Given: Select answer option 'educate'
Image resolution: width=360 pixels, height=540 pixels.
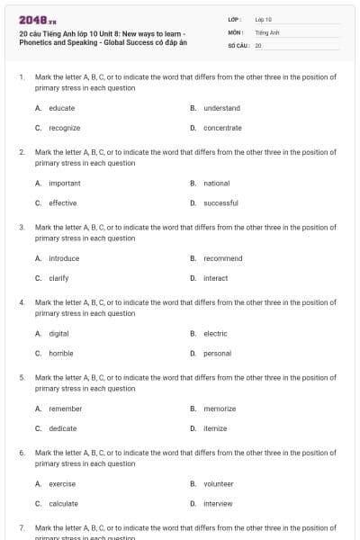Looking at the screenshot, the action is click(62, 108).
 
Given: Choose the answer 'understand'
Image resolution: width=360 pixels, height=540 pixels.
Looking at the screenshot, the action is click(221, 108).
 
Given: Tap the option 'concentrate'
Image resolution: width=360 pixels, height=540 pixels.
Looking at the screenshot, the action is click(222, 128).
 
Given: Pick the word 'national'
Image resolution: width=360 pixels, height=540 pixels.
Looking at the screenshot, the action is click(217, 184).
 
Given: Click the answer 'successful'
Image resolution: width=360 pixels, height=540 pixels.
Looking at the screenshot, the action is click(220, 203).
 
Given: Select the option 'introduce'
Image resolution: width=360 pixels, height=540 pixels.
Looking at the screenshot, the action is click(64, 258).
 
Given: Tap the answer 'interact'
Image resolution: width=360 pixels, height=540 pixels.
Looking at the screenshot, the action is click(216, 278).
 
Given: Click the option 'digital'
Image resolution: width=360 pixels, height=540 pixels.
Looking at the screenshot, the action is click(58, 333).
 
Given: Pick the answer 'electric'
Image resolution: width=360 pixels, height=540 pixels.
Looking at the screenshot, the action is click(215, 333).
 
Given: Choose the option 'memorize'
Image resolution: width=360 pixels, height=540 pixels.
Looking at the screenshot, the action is click(220, 409).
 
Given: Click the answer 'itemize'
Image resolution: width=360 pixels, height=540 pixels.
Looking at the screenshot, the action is click(215, 428).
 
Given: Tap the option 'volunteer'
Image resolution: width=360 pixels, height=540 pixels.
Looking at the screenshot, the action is click(219, 483).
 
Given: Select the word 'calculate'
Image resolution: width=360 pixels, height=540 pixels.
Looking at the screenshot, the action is click(63, 503).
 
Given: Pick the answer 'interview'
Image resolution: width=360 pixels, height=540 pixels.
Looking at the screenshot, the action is click(218, 503).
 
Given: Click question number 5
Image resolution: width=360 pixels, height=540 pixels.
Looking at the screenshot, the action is click(22, 378).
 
